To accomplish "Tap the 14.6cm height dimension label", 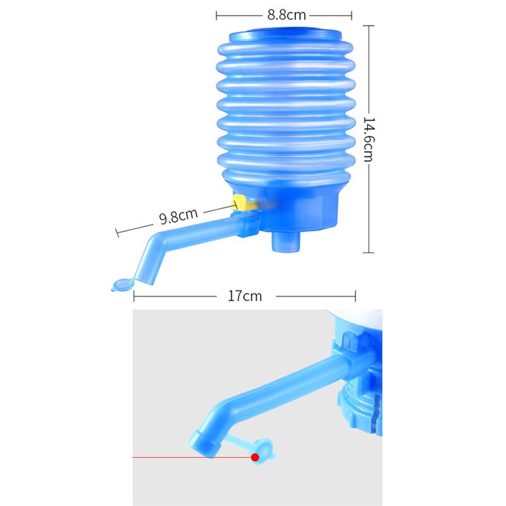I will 368,139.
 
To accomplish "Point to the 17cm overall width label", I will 244,296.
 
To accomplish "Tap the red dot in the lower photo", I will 256,457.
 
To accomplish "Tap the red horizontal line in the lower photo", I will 190,457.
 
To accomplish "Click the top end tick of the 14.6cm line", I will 368,26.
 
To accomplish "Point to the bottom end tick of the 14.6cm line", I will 368,252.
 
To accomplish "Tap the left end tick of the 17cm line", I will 134,296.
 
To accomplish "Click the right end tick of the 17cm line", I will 356,296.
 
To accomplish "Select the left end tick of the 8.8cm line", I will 216,15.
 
